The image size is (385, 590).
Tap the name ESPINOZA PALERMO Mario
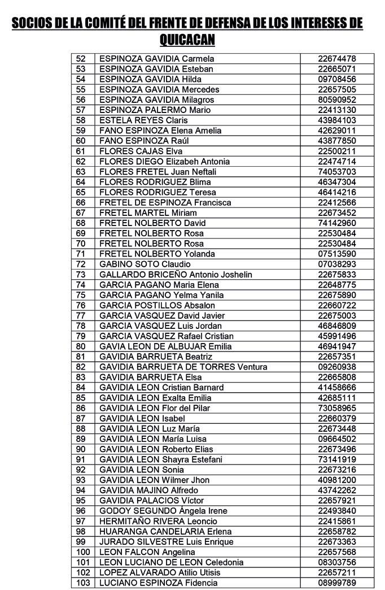[155, 110]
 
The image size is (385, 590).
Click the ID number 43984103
[336, 120]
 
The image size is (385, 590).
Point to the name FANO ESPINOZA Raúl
[144, 141]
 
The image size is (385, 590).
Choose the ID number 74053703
[336, 172]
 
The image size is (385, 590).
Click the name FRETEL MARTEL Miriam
[148, 213]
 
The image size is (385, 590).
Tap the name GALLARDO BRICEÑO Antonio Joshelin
[176, 275]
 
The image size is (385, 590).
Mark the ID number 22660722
[336, 305]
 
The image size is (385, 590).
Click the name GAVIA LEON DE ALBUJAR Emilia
[165, 346]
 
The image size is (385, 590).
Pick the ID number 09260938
[336, 367]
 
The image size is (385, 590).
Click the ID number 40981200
[336, 480]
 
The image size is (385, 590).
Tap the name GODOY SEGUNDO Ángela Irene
[164, 511]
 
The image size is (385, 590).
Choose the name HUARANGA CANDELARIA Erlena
[165, 531]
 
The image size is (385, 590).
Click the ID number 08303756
[336, 562]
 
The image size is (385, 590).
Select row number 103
[82, 583]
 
